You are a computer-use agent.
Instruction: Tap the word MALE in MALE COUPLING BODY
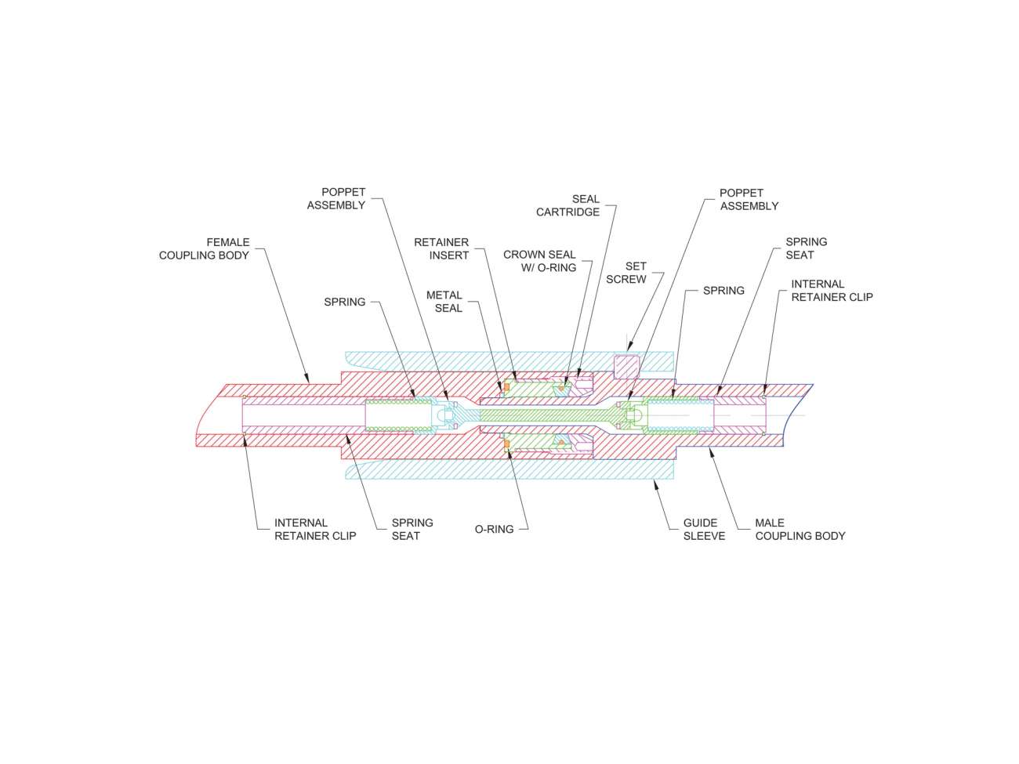pyautogui.click(x=770, y=523)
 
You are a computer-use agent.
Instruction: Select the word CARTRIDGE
pyautogui.click(x=568, y=212)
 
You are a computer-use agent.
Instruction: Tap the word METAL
pyautogui.click(x=444, y=295)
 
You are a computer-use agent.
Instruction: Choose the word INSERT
pyautogui.click(x=450, y=255)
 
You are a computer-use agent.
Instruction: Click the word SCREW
pyautogui.click(x=626, y=280)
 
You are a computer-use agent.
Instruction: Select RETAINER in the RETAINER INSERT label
pyautogui.click(x=441, y=242)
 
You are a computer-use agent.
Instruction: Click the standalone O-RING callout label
pyautogui.click(x=495, y=530)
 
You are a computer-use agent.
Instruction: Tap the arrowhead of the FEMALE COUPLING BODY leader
pyautogui.click(x=309, y=380)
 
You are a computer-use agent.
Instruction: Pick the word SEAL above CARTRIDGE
pyautogui.click(x=586, y=199)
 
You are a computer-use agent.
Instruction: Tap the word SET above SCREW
pyautogui.click(x=636, y=266)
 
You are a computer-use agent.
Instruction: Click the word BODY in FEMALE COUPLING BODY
pyautogui.click(x=234, y=255)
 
